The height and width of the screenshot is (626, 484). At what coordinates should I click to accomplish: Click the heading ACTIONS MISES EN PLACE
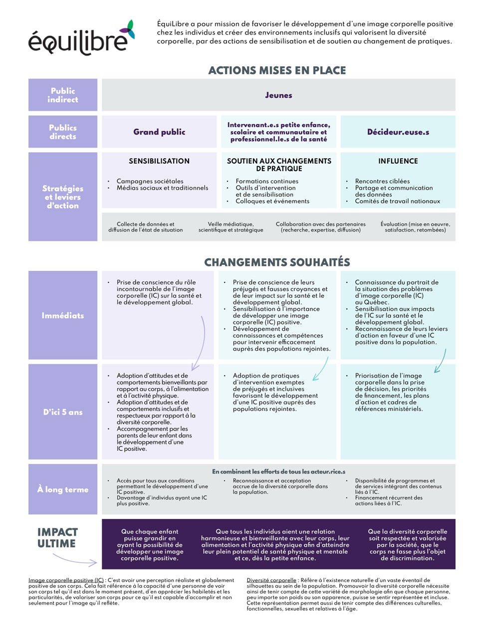point(277,70)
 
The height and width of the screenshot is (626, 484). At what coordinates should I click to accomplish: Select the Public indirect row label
point(63,95)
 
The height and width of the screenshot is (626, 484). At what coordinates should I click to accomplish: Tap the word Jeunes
point(278,95)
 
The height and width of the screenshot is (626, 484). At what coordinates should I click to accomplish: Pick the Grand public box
point(159,132)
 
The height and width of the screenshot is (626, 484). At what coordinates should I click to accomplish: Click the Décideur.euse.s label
point(398,132)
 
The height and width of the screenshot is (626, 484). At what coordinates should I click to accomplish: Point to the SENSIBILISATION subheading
point(159,161)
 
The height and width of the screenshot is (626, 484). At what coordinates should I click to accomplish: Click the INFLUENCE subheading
point(398,161)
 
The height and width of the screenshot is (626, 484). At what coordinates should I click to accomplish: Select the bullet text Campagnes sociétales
point(150,181)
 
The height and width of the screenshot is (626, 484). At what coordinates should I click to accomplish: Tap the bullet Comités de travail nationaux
point(397,201)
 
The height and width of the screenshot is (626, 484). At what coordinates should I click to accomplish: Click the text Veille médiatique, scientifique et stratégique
point(231,227)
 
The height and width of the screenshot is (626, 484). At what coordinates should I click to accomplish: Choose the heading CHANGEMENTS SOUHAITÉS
point(277,262)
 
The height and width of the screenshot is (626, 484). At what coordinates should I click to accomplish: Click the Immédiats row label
point(63,315)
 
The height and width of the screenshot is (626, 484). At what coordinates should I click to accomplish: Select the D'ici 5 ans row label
point(63,412)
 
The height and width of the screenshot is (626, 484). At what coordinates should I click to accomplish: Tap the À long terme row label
point(63,489)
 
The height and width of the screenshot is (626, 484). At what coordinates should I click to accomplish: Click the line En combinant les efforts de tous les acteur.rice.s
point(278,471)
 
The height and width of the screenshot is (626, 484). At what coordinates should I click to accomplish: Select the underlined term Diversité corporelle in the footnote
point(271,580)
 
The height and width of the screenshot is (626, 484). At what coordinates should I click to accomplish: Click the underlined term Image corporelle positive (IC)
point(66,580)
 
